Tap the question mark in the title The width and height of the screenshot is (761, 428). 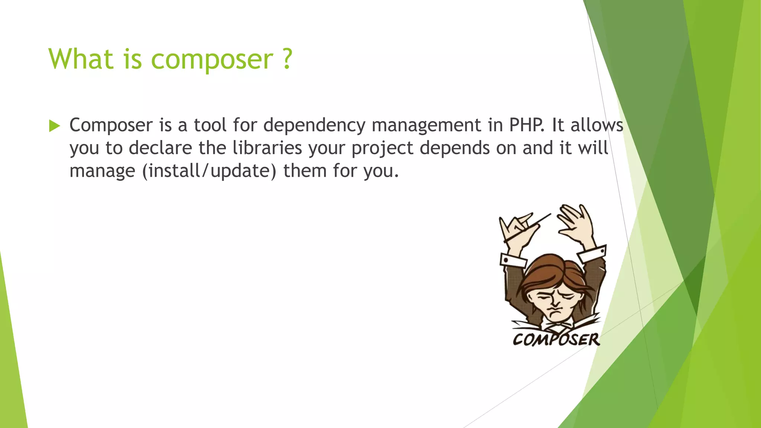(287, 59)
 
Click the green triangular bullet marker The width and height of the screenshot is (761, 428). (54, 126)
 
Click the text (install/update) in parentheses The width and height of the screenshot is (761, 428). (209, 171)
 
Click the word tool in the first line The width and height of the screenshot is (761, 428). (210, 125)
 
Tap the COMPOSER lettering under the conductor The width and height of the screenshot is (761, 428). (556, 340)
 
